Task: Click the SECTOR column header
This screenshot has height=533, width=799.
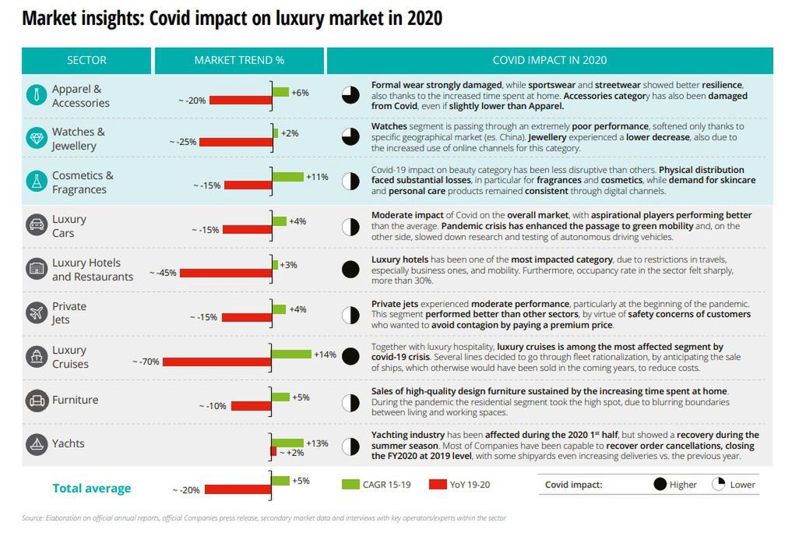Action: [86, 60]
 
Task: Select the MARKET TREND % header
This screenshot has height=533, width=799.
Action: [238, 60]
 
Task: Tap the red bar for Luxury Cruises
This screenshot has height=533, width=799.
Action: [216, 362]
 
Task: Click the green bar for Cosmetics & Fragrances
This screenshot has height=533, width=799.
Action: [288, 177]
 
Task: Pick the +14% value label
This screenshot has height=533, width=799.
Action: [325, 355]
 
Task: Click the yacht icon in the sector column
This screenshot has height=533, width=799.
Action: [37, 444]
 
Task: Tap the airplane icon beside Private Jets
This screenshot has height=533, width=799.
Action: [37, 313]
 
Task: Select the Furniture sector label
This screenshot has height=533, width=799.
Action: [75, 400]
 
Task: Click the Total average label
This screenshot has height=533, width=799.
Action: [91, 489]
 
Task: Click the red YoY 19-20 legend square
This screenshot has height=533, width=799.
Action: [438, 485]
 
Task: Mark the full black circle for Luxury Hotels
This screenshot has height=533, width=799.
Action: [350, 270]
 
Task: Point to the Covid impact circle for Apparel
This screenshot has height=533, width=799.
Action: [350, 95]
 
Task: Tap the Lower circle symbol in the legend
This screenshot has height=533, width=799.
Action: [719, 485]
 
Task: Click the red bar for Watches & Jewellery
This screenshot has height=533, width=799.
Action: [234, 142]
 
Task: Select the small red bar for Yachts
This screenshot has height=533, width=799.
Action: [273, 452]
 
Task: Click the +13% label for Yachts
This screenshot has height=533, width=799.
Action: [317, 443]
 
